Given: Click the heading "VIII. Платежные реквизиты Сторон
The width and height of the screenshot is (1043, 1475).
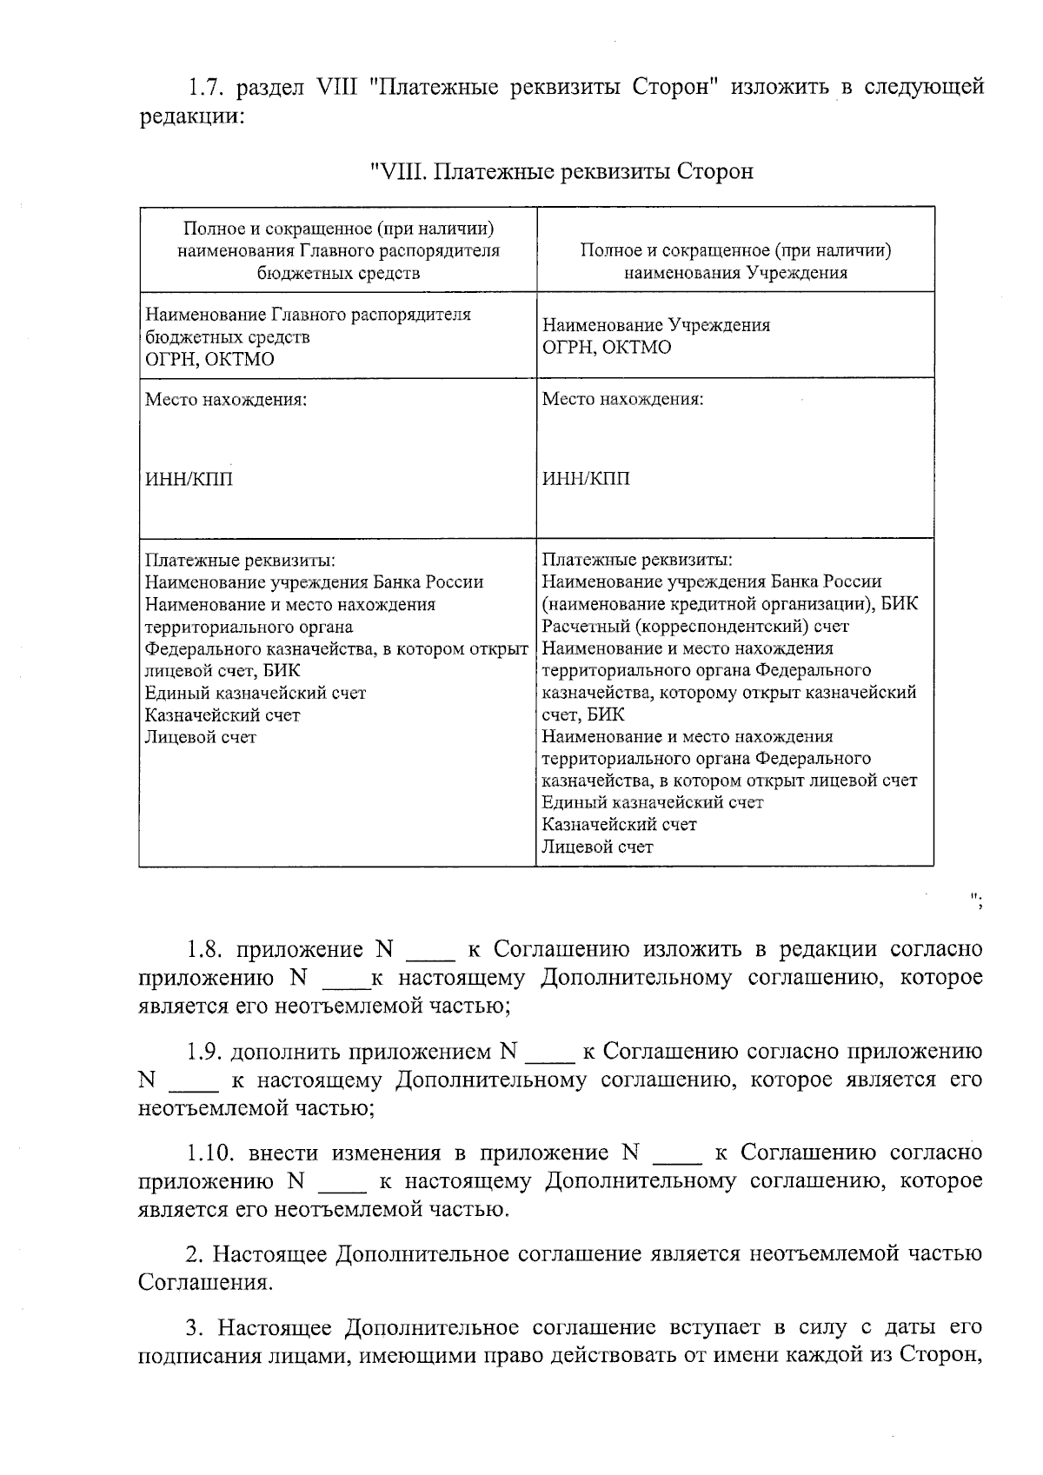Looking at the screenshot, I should [561, 171].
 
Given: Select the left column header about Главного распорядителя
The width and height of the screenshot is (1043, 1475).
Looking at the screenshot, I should [338, 250].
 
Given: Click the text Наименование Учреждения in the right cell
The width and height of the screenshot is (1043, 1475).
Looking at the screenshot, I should [656, 325].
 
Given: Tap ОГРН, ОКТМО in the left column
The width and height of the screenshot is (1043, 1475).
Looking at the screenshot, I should [209, 360].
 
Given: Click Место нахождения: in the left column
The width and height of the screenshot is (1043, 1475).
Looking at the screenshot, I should [225, 400].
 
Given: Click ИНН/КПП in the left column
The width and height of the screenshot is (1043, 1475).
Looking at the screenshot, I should [189, 479].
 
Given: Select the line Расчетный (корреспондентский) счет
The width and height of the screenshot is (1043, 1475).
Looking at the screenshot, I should [695, 626].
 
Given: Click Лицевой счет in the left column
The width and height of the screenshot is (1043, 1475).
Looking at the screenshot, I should [201, 737].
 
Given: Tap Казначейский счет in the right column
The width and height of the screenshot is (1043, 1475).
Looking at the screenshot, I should [619, 824].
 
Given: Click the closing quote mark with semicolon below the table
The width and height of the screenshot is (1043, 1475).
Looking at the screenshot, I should [977, 898].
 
